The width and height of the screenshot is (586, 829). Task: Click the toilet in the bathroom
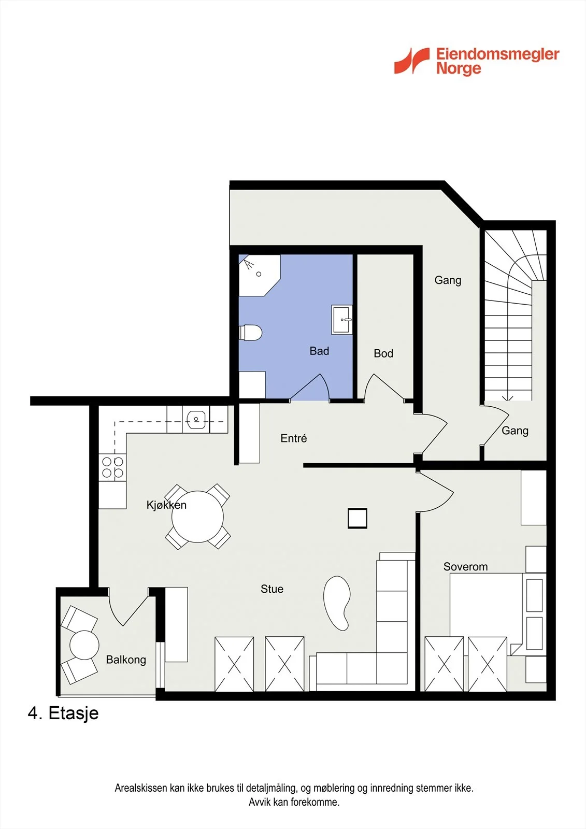coord(251,332)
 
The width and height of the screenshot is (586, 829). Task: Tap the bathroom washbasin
coord(341,320)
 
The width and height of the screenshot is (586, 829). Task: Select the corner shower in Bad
coord(259,275)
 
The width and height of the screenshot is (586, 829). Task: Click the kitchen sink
coord(196,419)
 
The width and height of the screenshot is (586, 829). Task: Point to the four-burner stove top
coord(112,467)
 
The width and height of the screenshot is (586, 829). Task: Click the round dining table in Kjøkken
coord(198,517)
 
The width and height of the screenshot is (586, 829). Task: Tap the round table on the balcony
coord(84,645)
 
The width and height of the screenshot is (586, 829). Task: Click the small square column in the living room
coord(358,518)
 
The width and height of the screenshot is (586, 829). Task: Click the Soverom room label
coord(465,567)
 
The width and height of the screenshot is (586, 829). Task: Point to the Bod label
coord(383,353)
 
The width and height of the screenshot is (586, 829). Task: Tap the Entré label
coord(294,438)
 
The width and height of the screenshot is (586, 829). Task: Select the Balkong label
coord(126,660)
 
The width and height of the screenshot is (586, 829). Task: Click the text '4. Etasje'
coord(63,713)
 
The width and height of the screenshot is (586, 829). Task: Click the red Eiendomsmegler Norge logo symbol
coord(411,61)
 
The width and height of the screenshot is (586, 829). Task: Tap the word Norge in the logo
coord(459,68)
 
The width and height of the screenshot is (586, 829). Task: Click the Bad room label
coord(319,351)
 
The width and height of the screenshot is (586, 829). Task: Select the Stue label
coord(272,589)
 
